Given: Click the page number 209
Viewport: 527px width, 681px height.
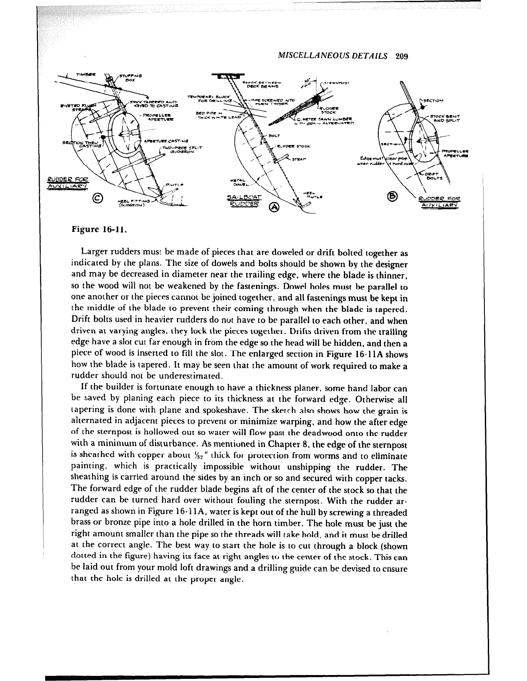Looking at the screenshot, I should click(x=402, y=56).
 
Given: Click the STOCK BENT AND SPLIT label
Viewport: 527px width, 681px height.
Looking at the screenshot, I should click(x=445, y=118).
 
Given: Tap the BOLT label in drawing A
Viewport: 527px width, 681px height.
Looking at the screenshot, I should click(x=275, y=136).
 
